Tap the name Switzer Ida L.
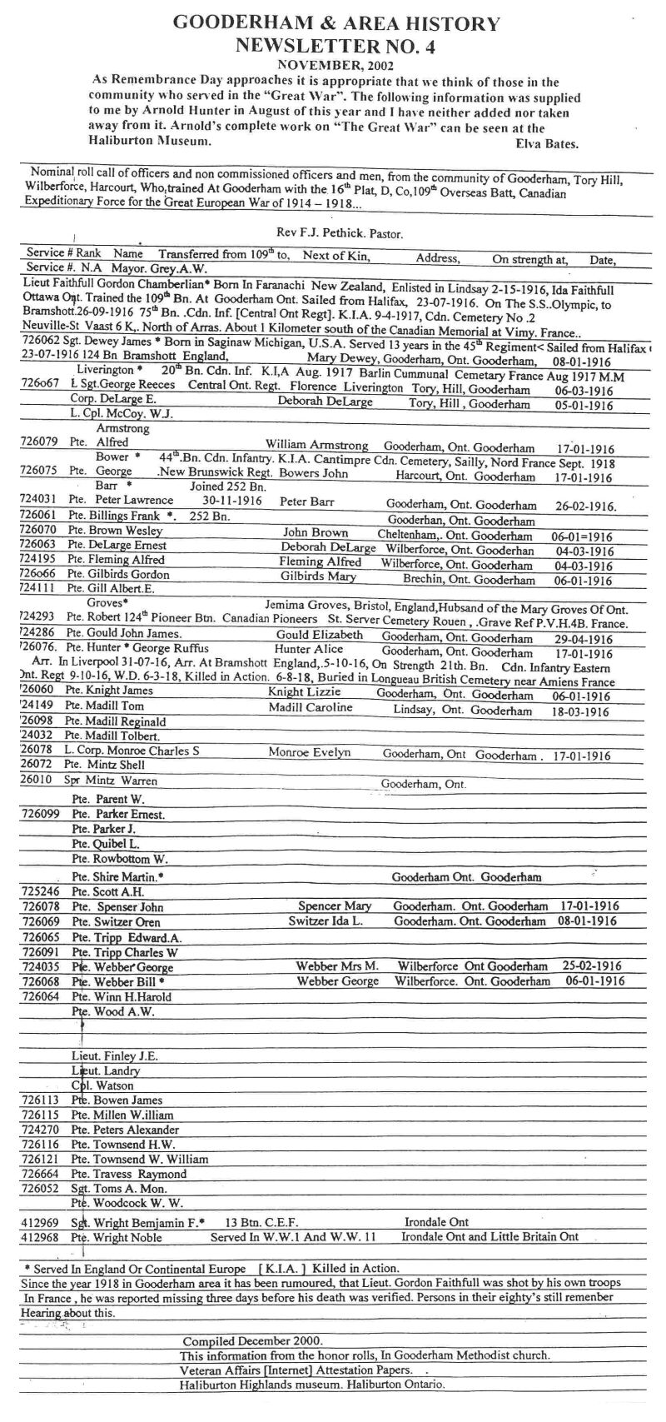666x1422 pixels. [x=326, y=921]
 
